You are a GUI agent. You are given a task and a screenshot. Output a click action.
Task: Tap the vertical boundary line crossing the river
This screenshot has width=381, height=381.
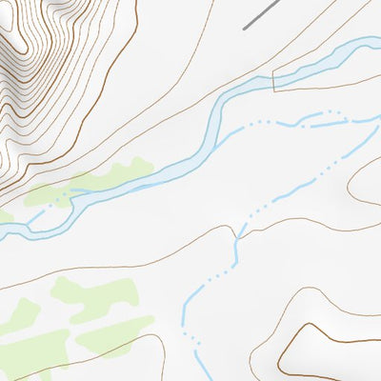click(x=274, y=81)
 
